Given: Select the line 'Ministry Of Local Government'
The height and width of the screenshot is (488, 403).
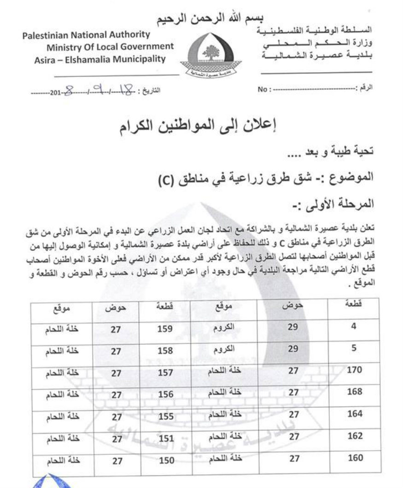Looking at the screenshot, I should [x=110, y=46].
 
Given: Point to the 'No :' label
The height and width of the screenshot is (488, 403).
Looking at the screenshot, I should [x=263, y=90].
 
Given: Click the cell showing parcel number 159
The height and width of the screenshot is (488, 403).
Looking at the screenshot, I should [x=165, y=329].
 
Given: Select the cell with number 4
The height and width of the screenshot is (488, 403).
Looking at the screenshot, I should [x=354, y=328].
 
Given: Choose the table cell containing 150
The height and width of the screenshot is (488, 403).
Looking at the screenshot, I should [x=165, y=459].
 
